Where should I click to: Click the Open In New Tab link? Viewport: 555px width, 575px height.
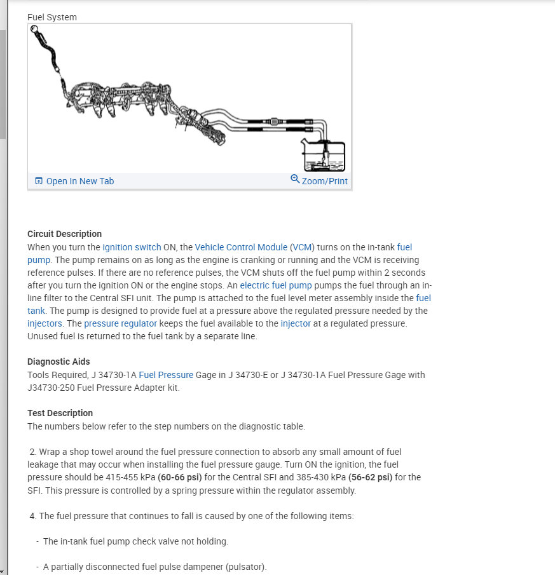tap(79, 181)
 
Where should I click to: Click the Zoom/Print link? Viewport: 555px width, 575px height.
tap(324, 181)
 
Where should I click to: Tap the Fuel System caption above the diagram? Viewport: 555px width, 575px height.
tap(52, 17)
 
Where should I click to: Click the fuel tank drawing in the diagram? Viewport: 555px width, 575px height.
tap(324, 156)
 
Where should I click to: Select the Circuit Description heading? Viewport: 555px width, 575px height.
tap(64, 234)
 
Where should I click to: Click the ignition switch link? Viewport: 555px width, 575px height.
tap(132, 247)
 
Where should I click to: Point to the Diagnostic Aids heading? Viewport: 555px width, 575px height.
tap(58, 362)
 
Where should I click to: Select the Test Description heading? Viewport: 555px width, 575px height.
tap(60, 413)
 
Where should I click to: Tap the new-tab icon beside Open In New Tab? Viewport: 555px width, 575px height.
tap(39, 181)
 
